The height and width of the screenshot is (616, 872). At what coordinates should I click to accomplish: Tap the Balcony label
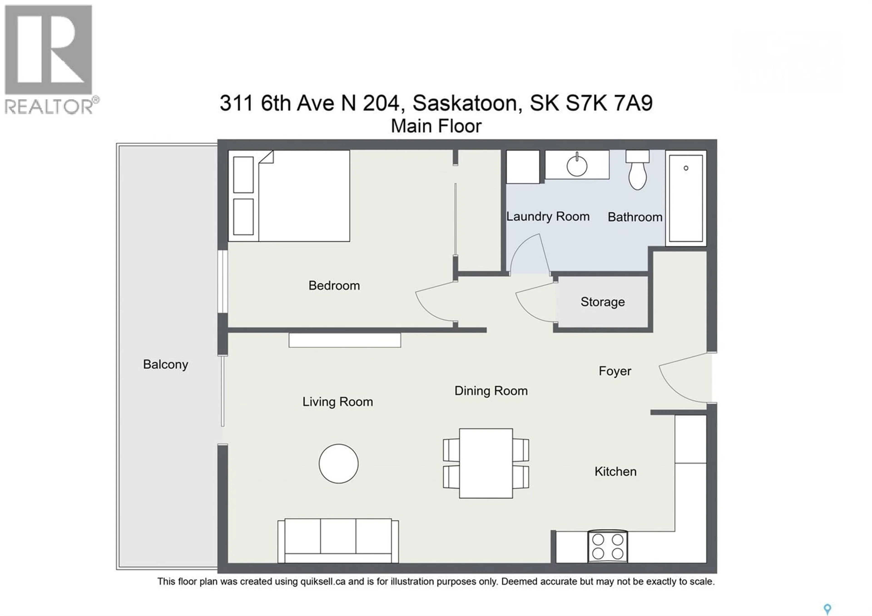166,365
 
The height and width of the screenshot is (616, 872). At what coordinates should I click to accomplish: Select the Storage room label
602,302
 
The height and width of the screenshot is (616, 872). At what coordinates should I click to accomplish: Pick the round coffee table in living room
338,464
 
